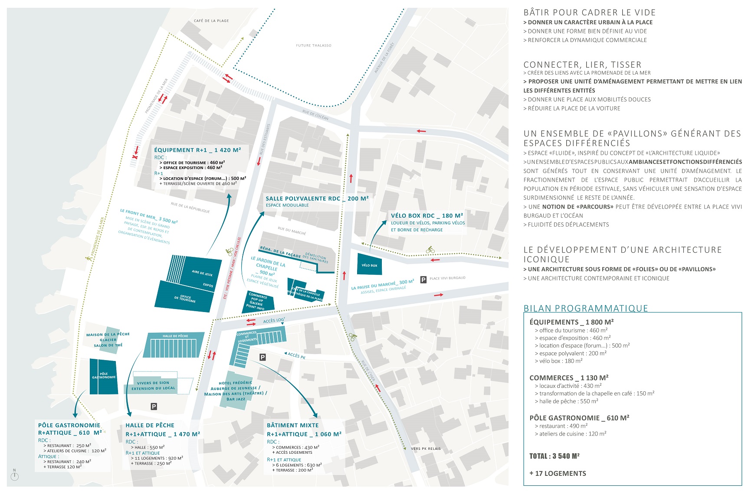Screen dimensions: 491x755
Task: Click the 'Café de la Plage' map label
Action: point(211,21)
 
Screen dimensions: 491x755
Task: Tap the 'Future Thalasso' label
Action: point(313,46)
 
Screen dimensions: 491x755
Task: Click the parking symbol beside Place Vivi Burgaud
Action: point(423,280)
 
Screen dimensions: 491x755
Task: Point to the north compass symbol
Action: point(15,476)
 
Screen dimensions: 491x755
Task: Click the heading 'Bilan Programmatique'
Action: point(586,308)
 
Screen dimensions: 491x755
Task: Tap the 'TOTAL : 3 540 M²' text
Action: point(554,456)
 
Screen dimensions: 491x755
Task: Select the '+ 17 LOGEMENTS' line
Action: point(558,473)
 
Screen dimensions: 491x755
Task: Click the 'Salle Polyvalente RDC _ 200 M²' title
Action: point(317,198)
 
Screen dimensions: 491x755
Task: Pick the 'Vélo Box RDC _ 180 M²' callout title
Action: point(427,215)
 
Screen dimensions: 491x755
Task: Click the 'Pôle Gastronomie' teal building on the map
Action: point(104,376)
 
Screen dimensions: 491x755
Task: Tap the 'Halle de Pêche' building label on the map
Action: point(175,336)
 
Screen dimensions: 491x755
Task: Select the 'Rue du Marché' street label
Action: point(292,231)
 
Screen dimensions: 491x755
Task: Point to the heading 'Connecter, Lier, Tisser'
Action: point(582,65)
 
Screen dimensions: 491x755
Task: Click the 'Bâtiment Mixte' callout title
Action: point(292,425)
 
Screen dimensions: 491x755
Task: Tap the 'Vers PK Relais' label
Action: point(426,449)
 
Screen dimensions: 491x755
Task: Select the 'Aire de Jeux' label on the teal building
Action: point(202,273)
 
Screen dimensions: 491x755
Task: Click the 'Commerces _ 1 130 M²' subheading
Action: point(568,377)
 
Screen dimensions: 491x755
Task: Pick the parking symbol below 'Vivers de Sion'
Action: point(154,406)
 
